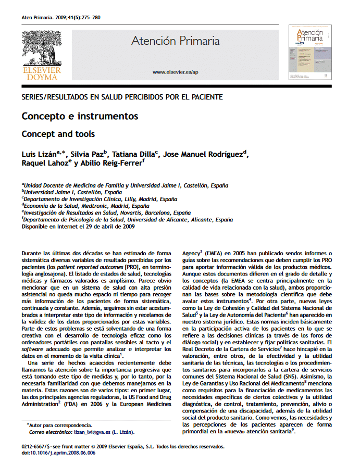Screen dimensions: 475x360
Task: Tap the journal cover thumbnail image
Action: click(x=310, y=52)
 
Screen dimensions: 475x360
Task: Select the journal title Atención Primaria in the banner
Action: click(x=175, y=41)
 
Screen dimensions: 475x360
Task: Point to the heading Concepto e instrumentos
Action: click(x=80, y=116)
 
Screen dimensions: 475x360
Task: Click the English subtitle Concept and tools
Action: click(x=58, y=134)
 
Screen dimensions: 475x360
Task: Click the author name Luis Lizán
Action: click(x=39, y=154)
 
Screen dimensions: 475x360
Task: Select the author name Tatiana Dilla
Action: click(x=132, y=154)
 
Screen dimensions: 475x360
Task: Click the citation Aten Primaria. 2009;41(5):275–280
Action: click(x=61, y=17)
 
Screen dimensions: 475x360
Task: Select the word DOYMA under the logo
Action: click(x=41, y=77)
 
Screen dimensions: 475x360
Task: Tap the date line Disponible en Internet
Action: click(x=78, y=227)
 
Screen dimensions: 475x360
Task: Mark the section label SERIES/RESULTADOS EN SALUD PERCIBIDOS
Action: click(x=122, y=97)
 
